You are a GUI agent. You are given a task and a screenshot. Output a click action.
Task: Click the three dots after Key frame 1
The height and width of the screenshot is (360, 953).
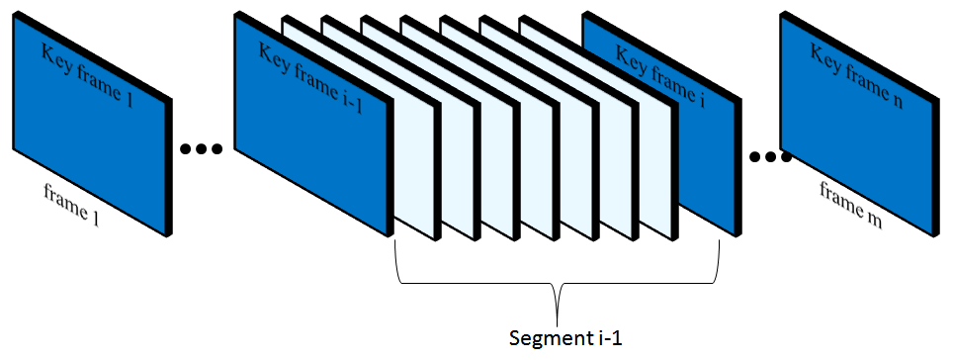tap(202, 149)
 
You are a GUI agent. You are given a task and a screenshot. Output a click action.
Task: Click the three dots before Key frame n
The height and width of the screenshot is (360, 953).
tap(770, 155)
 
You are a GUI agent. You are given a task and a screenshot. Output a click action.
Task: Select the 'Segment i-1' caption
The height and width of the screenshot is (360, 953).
tap(558, 338)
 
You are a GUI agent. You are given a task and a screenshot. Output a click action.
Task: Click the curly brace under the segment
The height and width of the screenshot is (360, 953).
tap(557, 287)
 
